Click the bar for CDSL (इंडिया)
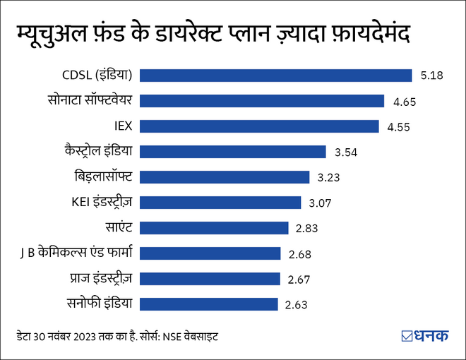276,76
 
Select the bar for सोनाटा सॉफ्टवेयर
262,101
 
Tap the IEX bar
259,126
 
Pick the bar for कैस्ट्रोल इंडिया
233,152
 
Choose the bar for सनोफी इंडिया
209,304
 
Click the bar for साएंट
215,228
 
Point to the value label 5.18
431,76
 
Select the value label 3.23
329,178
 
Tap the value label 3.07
321,203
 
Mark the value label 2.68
299,254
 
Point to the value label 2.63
297,305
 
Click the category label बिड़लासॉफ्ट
104,176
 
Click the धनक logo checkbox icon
406,336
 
